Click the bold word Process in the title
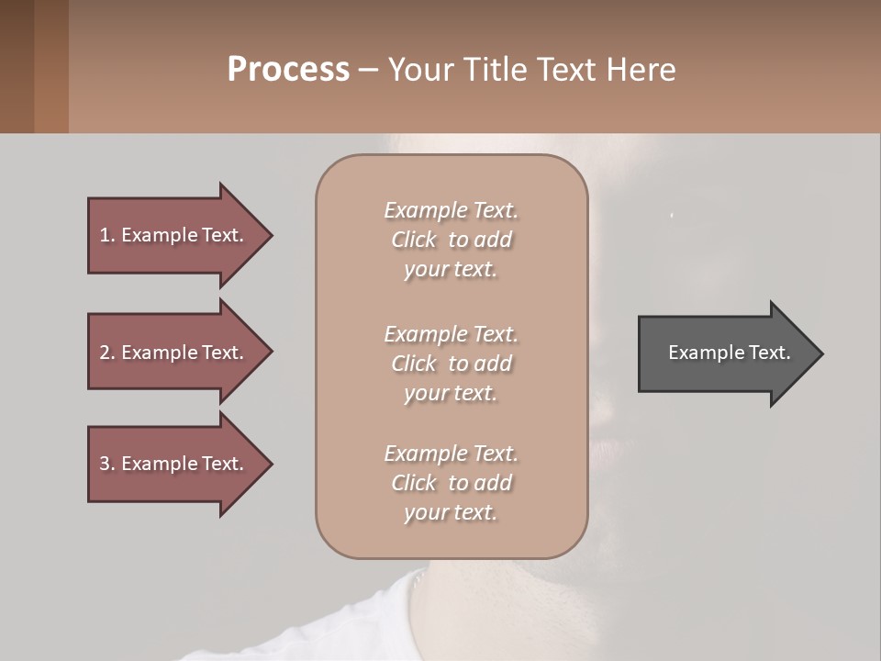click(288, 70)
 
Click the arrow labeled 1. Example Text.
click(174, 235)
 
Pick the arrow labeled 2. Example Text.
click(174, 353)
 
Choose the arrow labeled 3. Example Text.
click(174, 464)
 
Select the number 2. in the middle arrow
click(107, 353)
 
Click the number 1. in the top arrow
click(107, 235)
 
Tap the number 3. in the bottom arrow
click(107, 464)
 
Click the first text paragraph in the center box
click(451, 240)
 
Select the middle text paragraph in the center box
click(451, 364)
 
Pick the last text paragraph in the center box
click(451, 483)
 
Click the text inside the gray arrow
click(729, 353)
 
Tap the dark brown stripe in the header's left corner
click(17, 66)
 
